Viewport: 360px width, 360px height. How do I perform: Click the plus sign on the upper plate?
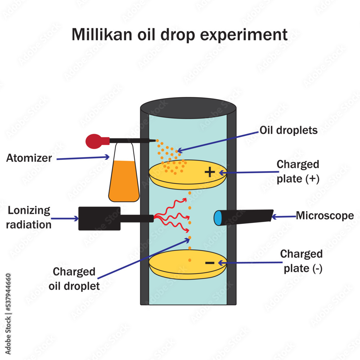(x=210, y=172)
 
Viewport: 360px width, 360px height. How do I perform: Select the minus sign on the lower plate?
(x=210, y=263)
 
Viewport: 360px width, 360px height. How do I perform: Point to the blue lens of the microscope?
(x=218, y=218)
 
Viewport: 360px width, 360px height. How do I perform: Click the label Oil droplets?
(x=289, y=130)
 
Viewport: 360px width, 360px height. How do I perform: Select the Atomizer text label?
(x=29, y=158)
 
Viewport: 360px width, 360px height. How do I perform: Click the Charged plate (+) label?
(x=298, y=171)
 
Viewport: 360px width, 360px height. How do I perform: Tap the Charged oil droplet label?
(x=74, y=279)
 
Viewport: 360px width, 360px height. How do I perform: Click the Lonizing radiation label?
(x=29, y=217)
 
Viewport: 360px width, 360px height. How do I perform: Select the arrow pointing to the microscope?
(x=283, y=217)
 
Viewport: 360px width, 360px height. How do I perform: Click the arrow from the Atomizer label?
(x=83, y=158)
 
